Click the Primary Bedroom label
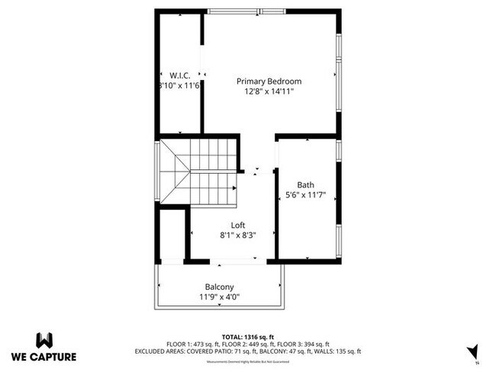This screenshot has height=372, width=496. pos(269,82)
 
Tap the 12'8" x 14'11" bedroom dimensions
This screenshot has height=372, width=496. pos(269,91)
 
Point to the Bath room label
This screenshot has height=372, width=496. pos(305,185)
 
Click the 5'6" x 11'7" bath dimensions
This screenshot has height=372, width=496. pos(305,195)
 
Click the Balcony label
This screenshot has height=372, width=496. pos(219,287)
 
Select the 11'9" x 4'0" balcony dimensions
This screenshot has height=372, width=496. pos(219,297)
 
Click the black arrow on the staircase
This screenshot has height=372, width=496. pos(232,187)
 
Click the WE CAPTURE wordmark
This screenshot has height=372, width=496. pos(44,356)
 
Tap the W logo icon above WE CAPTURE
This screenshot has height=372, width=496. pos(44,339)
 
